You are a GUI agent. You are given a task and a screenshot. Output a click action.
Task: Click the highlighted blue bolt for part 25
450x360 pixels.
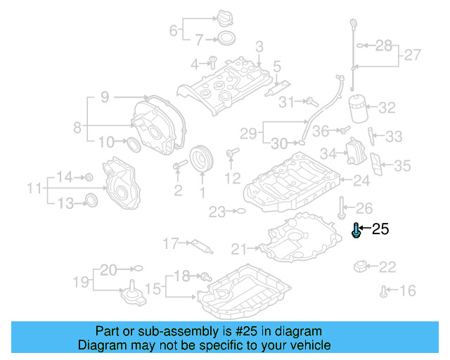pos(356,230)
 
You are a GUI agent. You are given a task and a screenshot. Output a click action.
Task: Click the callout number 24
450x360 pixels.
pos(361,181)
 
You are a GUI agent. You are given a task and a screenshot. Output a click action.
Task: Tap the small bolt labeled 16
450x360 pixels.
pos(384,290)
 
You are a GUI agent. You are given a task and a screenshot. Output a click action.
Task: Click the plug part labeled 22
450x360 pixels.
pos(360,266)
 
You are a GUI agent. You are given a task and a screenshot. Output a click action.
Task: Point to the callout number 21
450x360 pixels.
pos(239,248)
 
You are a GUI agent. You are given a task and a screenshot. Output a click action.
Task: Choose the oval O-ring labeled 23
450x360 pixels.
pos(239,210)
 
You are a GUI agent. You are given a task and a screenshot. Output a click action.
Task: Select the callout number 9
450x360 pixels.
pos(104,98)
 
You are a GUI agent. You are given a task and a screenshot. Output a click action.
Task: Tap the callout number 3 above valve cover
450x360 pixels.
pos(259,47)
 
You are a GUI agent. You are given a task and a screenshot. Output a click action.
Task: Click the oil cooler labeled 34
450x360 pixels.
pos(353,150)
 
